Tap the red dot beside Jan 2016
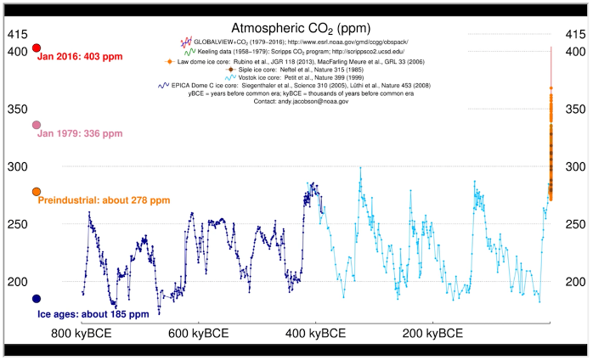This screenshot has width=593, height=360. click(x=37, y=48)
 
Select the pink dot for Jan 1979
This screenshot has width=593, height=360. click(x=37, y=125)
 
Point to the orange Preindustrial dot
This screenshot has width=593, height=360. click(x=37, y=192)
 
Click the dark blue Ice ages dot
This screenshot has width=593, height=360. click(x=37, y=298)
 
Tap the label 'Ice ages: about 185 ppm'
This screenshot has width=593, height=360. click(x=93, y=314)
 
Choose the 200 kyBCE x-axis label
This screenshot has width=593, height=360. click(x=433, y=333)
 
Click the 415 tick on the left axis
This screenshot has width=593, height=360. click(x=18, y=35)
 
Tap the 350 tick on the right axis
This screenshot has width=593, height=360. click(x=577, y=110)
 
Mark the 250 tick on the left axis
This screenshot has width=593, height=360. click(x=18, y=224)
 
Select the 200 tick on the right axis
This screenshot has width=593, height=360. click(x=577, y=282)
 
